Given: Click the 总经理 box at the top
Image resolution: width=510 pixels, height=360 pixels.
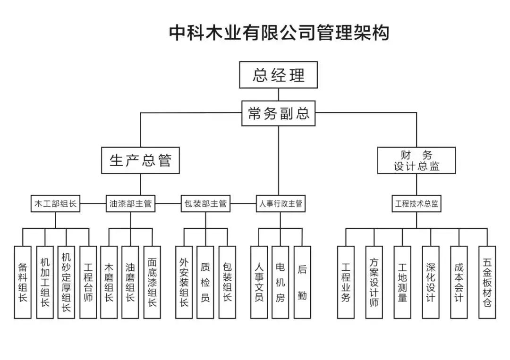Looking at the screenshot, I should (x=278, y=75).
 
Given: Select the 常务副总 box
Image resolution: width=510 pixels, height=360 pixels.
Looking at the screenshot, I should (x=278, y=113).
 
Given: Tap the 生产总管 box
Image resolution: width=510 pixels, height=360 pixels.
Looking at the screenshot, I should (x=140, y=160).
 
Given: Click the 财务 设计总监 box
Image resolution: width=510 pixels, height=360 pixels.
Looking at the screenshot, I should (x=416, y=160).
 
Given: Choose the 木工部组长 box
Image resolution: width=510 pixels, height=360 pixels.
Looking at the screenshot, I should (x=55, y=204).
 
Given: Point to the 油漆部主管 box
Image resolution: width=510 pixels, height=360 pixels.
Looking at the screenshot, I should (x=130, y=204).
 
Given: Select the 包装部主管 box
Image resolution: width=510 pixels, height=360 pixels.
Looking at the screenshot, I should (x=205, y=204).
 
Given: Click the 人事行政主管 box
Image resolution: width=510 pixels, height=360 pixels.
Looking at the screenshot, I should (x=280, y=204).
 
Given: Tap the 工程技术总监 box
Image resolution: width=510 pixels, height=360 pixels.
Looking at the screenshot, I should (x=416, y=204).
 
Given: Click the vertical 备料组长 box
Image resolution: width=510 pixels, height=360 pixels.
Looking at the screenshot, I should (x=23, y=282).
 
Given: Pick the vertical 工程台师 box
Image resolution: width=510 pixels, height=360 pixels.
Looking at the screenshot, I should (x=88, y=282).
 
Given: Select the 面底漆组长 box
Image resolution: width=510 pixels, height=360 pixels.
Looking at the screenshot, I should (x=152, y=282).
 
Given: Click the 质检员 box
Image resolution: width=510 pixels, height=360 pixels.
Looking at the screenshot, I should (x=205, y=282).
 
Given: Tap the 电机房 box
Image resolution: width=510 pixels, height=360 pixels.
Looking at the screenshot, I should (x=280, y=282).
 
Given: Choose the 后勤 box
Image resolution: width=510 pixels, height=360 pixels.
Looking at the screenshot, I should (x=302, y=282).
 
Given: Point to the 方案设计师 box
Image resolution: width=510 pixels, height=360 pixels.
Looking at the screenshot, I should (x=374, y=282).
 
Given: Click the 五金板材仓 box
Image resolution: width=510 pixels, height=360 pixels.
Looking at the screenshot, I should (x=487, y=282).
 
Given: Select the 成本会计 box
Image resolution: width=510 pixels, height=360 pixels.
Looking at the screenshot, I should (x=459, y=282).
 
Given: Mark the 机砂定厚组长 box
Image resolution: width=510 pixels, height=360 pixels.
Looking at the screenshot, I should (x=66, y=282).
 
